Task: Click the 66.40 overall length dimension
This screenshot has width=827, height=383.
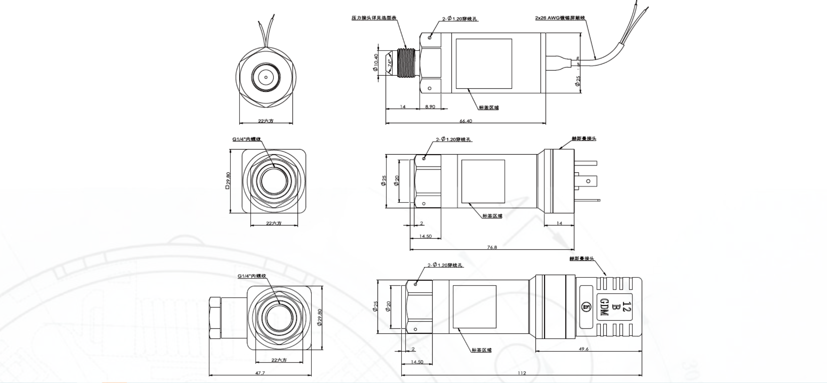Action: coord(466,121)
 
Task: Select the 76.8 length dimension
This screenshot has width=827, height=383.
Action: coord(492,247)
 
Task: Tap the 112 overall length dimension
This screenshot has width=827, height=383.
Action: coord(522,373)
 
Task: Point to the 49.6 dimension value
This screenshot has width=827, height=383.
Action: coord(583,349)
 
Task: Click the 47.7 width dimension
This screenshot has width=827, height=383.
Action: coord(260,373)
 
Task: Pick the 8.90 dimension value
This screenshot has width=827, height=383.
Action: coord(430,107)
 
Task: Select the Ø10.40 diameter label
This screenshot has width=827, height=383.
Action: coord(376,62)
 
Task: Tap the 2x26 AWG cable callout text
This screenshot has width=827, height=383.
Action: coord(560,18)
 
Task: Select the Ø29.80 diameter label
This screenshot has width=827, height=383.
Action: coord(320,317)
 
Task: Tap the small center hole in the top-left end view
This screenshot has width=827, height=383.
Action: coord(266,77)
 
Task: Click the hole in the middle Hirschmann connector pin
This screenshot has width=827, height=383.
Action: coord(588,181)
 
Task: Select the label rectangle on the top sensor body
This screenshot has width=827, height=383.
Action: coord(484,64)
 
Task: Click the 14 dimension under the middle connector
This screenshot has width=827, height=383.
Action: coord(559,223)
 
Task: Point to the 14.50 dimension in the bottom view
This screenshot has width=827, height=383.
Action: coord(417,362)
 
